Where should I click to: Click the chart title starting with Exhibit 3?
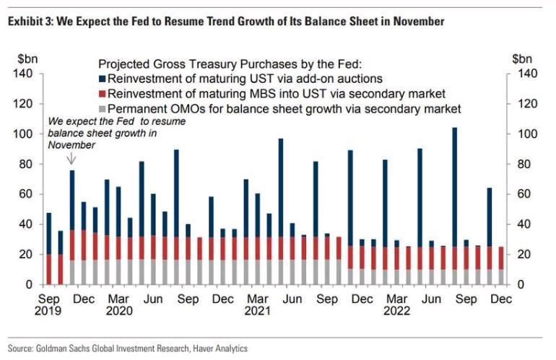pos(225,22)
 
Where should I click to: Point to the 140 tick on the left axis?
pos(22,74)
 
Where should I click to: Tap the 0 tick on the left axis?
pos(29,285)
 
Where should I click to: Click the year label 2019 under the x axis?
pos(49,311)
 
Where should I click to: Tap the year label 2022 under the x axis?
pos(396,311)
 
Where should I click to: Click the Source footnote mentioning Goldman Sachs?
pos(129,348)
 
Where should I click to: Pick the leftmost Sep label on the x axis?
pos(49,298)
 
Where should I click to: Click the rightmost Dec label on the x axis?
pos(500,298)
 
